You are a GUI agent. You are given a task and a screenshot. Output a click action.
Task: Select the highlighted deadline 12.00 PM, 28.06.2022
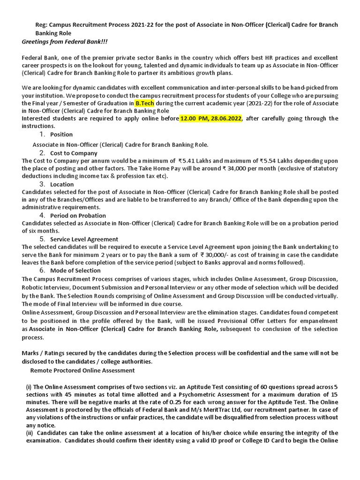(x=210, y=118)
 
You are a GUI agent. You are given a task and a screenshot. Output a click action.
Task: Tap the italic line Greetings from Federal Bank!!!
(x=65, y=42)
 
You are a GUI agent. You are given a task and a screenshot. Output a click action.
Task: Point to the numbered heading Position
(x=61, y=135)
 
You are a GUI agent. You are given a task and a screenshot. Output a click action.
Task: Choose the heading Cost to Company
(x=74, y=153)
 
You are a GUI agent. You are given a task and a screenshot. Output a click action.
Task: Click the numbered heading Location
(x=62, y=184)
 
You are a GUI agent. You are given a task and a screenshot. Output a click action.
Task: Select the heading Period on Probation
(x=78, y=215)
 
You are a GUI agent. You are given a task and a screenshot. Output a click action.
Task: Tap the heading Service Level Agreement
(x=84, y=239)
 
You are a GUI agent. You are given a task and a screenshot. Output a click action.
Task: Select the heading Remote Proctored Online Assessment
(x=82, y=370)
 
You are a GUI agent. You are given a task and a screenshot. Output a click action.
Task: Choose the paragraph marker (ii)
(x=30, y=433)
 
